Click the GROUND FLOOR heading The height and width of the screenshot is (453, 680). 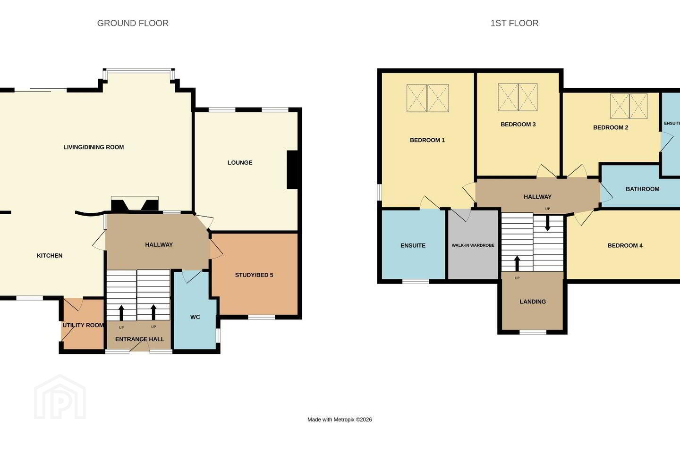(x=133, y=23)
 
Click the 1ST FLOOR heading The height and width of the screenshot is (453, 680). (x=515, y=23)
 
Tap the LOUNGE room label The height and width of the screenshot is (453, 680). (x=240, y=163)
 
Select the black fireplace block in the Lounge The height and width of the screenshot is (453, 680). (x=293, y=170)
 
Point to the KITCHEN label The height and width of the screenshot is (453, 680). (x=50, y=256)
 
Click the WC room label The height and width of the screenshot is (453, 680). (x=195, y=318)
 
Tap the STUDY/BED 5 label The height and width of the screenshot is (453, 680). (x=254, y=275)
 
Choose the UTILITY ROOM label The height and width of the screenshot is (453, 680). (x=83, y=325)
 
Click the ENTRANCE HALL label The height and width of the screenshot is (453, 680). (x=140, y=339)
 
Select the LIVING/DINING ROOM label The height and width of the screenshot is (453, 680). (x=93, y=147)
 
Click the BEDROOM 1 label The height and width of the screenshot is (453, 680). (x=427, y=140)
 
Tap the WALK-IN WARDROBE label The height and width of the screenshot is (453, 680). (x=473, y=245)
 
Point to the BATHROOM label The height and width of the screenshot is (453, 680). (x=642, y=189)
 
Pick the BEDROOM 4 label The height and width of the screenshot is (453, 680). (x=625, y=245)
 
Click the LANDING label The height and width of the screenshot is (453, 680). (x=533, y=302)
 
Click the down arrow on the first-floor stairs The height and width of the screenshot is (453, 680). (x=548, y=223)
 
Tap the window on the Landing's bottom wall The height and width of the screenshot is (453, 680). (x=533, y=333)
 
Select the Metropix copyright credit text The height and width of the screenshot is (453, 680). (x=340, y=419)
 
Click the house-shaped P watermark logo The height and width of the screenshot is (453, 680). (x=60, y=397)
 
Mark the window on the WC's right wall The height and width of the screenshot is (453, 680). (x=218, y=336)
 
